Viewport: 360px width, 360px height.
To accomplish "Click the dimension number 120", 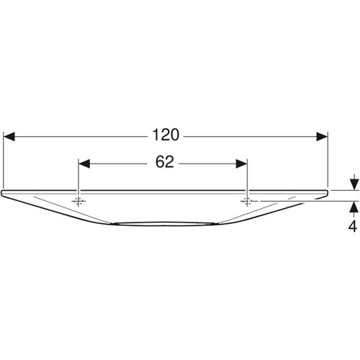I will click(x=166, y=135).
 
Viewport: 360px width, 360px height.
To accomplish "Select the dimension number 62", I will click(x=163, y=163).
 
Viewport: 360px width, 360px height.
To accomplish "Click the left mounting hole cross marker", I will click(x=78, y=200).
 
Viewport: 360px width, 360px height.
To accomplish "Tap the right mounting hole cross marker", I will click(x=247, y=200).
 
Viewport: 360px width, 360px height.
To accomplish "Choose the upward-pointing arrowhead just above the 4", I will click(x=354, y=207).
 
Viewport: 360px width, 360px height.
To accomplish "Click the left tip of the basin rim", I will click(x=3, y=192).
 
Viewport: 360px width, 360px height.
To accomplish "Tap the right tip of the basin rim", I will click(x=328, y=192).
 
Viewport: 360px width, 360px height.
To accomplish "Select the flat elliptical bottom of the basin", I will click(x=165, y=223).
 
